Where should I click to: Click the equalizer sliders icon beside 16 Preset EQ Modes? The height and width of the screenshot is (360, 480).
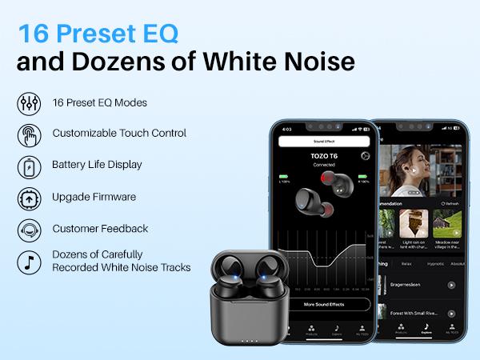[x=28, y=103]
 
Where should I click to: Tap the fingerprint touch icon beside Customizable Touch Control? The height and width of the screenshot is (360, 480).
[x=28, y=134]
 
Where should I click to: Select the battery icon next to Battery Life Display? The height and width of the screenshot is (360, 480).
[x=28, y=166]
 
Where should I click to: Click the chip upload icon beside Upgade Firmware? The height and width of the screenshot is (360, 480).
[x=28, y=198]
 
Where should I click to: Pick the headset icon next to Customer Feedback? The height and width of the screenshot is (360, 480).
[x=28, y=230]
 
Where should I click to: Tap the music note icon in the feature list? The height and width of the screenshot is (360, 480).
[x=28, y=261]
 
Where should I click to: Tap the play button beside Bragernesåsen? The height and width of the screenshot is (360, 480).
[x=451, y=285]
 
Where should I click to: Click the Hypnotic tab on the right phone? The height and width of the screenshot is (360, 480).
[x=435, y=263]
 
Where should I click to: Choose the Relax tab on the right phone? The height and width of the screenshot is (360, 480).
[x=407, y=263]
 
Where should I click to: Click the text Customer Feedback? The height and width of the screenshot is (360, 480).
[x=100, y=229]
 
